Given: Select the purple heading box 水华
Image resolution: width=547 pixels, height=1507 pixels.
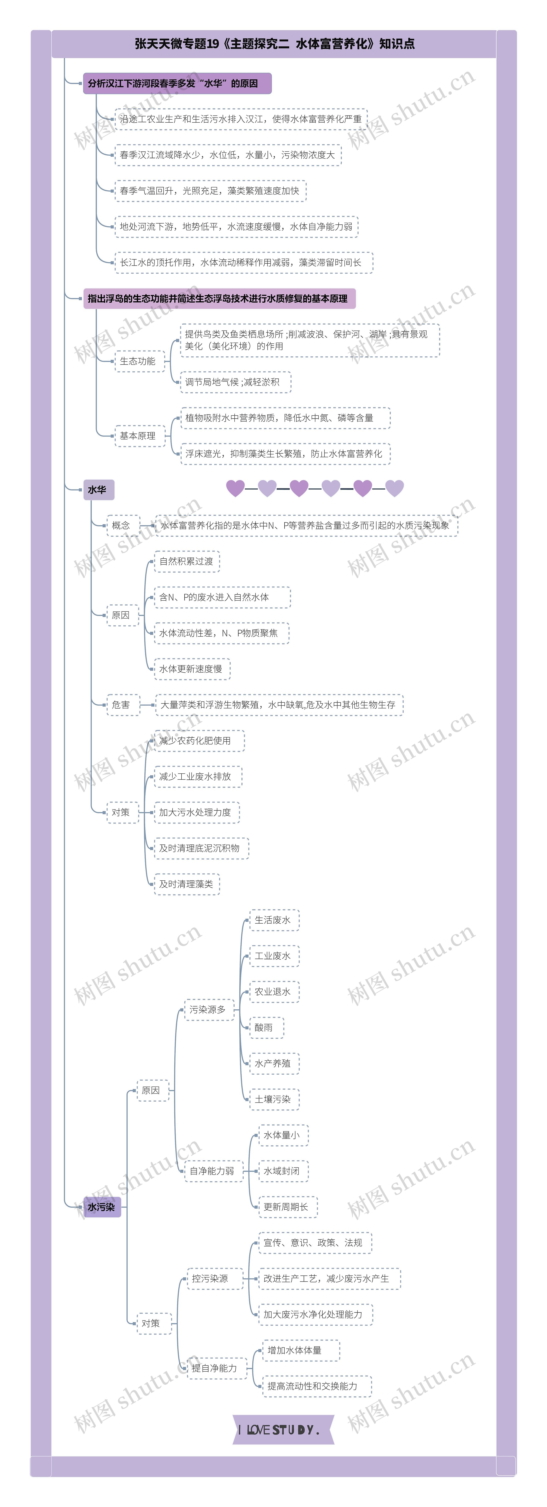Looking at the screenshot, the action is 98,490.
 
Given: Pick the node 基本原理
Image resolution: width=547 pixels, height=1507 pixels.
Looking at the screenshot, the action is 138,436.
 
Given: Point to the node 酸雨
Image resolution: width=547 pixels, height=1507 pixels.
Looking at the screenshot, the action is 264,1027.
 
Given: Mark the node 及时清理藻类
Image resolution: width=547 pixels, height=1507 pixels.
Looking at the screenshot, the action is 186,884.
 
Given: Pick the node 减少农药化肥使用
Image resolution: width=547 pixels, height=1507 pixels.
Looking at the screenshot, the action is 195,741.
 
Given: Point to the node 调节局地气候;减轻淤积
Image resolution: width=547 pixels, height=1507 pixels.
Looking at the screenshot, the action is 233,382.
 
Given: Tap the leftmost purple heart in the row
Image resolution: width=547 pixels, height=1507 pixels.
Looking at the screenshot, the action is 235,488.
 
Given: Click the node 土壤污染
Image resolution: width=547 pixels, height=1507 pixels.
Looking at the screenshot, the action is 273,1099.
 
